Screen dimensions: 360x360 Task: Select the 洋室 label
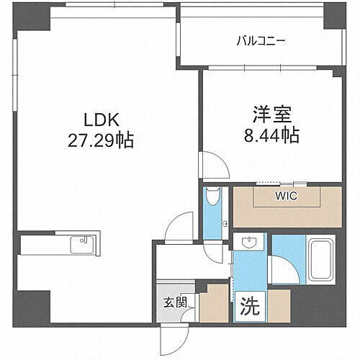pyautogui.click(x=269, y=114)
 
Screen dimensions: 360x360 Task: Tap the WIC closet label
pyautogui.click(x=286, y=195)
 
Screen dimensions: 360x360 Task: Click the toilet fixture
pyautogui.click(x=212, y=199)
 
